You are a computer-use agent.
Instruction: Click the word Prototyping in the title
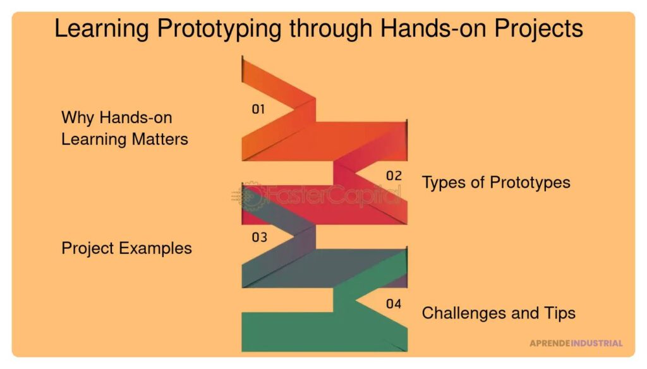click(x=219, y=29)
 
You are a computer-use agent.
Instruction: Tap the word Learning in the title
click(x=102, y=29)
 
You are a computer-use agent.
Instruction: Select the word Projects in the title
click(x=538, y=28)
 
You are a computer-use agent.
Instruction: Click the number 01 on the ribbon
click(x=258, y=109)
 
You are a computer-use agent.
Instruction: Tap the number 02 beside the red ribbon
click(x=394, y=176)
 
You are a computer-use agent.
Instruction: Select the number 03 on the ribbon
click(x=259, y=238)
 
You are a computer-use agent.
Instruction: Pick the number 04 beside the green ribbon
click(x=394, y=304)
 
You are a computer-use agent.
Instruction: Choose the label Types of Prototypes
click(x=496, y=183)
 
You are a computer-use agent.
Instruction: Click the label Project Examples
click(x=126, y=248)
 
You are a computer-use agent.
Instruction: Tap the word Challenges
click(x=464, y=313)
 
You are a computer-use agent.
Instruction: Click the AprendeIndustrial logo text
click(x=576, y=343)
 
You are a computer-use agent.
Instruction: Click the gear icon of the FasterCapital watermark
click(x=249, y=195)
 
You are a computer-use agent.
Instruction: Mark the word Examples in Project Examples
click(x=155, y=248)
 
